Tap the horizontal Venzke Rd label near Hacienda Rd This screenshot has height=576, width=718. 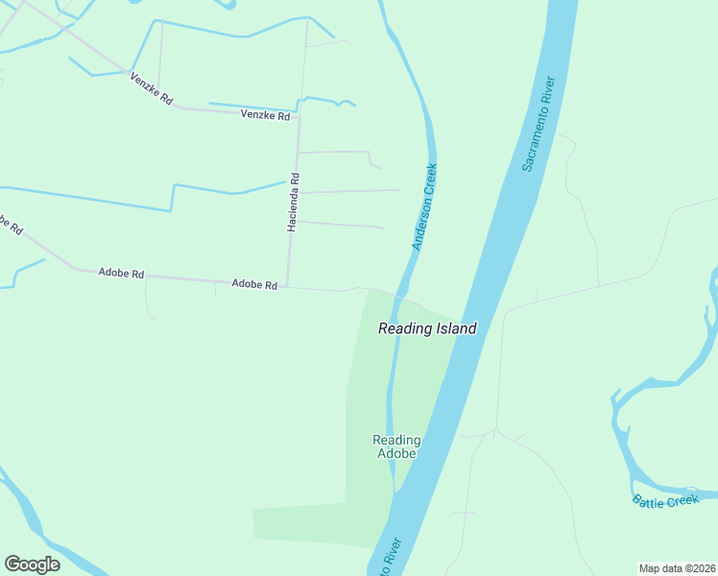[265, 116]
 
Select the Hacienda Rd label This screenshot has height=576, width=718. [294, 203]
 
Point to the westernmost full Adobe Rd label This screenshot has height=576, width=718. [121, 274]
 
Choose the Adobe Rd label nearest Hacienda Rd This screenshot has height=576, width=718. [254, 285]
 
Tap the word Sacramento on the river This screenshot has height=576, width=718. [537, 139]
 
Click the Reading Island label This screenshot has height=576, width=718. [427, 328]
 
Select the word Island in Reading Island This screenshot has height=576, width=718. [454, 328]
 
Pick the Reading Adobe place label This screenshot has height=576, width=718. [395, 446]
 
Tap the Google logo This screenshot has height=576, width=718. [32, 564]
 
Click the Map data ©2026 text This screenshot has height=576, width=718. [677, 568]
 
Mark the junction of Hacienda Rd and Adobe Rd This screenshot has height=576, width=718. [288, 286]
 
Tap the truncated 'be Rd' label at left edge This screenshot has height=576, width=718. [9, 226]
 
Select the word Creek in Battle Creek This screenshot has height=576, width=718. [683, 502]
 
